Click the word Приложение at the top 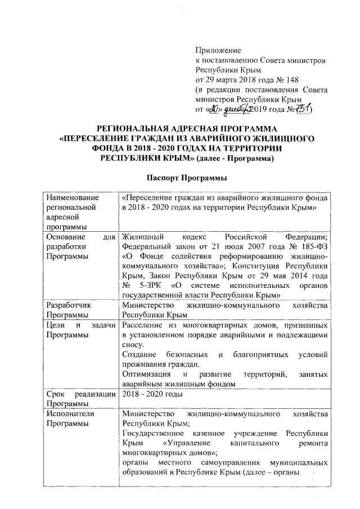218,51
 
